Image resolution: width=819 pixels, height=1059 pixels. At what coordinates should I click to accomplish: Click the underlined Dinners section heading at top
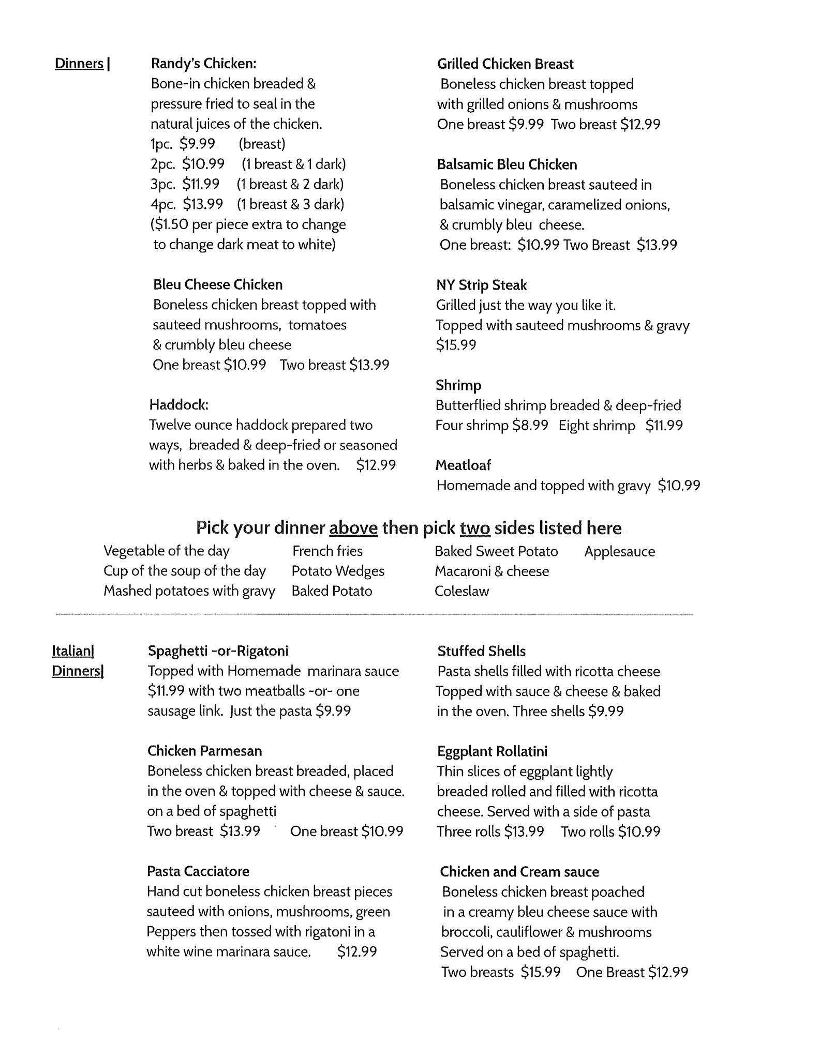pyautogui.click(x=79, y=64)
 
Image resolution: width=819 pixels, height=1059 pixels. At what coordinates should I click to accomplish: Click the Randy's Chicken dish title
pyautogui.click(x=203, y=64)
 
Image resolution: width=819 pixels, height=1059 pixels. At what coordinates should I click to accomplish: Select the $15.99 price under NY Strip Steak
pyautogui.click(x=456, y=345)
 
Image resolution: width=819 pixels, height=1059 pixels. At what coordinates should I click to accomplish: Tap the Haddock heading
pyautogui.click(x=179, y=404)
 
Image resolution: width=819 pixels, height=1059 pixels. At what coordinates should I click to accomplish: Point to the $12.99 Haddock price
pyautogui.click(x=376, y=465)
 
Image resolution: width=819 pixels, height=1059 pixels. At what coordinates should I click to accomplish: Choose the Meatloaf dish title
pyautogui.click(x=463, y=465)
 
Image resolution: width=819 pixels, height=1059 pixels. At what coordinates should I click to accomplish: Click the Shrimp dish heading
pyautogui.click(x=458, y=385)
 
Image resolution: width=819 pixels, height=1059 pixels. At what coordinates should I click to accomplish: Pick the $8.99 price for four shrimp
pyautogui.click(x=530, y=426)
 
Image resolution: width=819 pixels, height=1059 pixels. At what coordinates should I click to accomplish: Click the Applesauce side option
pyautogui.click(x=619, y=551)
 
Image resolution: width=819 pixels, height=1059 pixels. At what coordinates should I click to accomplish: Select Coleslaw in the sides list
pyautogui.click(x=461, y=591)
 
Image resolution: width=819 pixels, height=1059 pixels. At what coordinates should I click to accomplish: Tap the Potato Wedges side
pyautogui.click(x=338, y=571)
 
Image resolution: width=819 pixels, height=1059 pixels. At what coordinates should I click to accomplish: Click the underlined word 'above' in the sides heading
pyautogui.click(x=353, y=528)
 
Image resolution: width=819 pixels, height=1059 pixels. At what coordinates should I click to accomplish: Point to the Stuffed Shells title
pyautogui.click(x=481, y=651)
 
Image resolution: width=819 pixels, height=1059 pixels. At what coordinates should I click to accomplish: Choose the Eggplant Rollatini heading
pyautogui.click(x=492, y=751)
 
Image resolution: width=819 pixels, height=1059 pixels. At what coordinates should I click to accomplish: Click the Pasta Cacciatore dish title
pyautogui.click(x=198, y=871)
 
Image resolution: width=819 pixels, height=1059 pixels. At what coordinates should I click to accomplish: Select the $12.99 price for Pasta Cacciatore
pyautogui.click(x=357, y=951)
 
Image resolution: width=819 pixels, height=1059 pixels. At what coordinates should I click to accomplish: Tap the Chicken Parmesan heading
pyautogui.click(x=204, y=751)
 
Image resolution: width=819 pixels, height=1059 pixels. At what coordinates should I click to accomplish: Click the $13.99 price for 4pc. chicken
pyautogui.click(x=203, y=204)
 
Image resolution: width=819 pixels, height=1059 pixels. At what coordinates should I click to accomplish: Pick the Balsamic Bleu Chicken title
pyautogui.click(x=507, y=164)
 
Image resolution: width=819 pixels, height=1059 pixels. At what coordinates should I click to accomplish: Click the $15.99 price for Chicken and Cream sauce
pyautogui.click(x=541, y=972)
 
